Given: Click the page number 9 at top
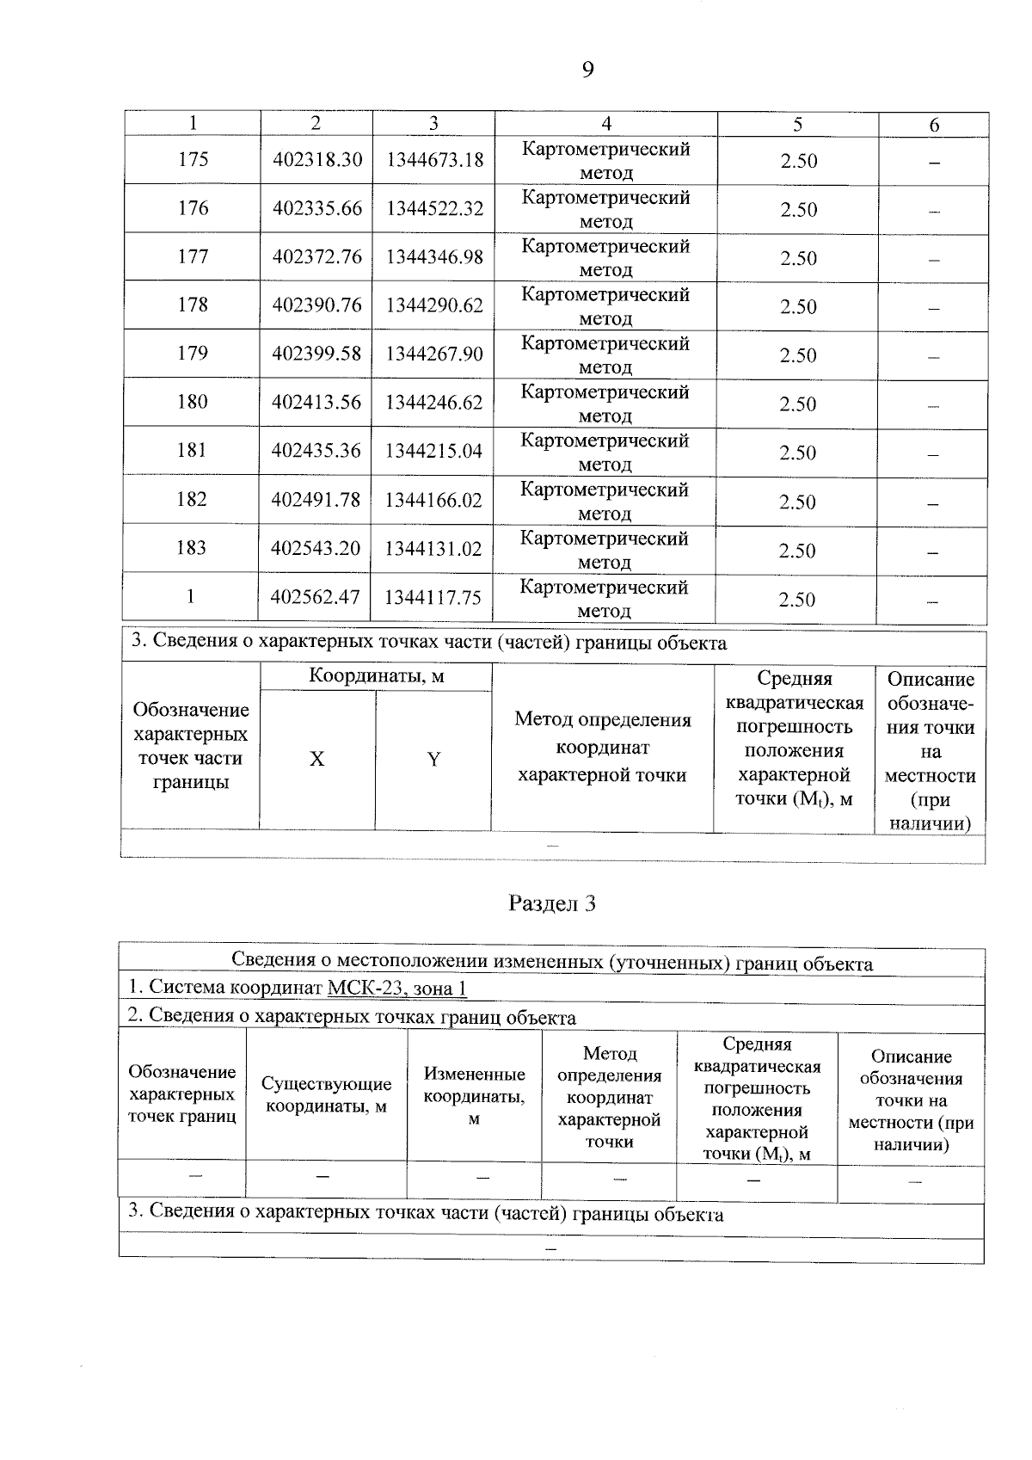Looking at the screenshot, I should coord(587,70).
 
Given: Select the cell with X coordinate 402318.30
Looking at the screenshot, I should coord(317,160).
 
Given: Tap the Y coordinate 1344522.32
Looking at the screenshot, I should coord(434,209).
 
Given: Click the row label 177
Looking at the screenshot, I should coord(193,256).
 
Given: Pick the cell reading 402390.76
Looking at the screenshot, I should coord(317,305).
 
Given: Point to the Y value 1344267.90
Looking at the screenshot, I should coord(434,354).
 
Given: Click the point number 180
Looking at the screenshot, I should coord(193,402).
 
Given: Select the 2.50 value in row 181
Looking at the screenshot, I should coord(798,453).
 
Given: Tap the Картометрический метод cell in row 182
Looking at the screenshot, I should coord(605,501).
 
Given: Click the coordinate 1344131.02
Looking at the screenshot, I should coord(433,549).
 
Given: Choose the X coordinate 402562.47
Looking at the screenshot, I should coord(316,597).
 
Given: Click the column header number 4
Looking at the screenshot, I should coord(606,124).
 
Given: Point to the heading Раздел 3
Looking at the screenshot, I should coord(552,903).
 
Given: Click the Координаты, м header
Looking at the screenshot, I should coord(377,676).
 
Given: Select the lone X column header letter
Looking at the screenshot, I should coord(317,759).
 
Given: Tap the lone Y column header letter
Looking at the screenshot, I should coord(433,759).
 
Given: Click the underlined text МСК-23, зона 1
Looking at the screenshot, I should coord(397,988).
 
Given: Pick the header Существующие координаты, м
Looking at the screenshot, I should coord(326,1094).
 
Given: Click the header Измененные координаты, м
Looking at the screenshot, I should coord(474,1096).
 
